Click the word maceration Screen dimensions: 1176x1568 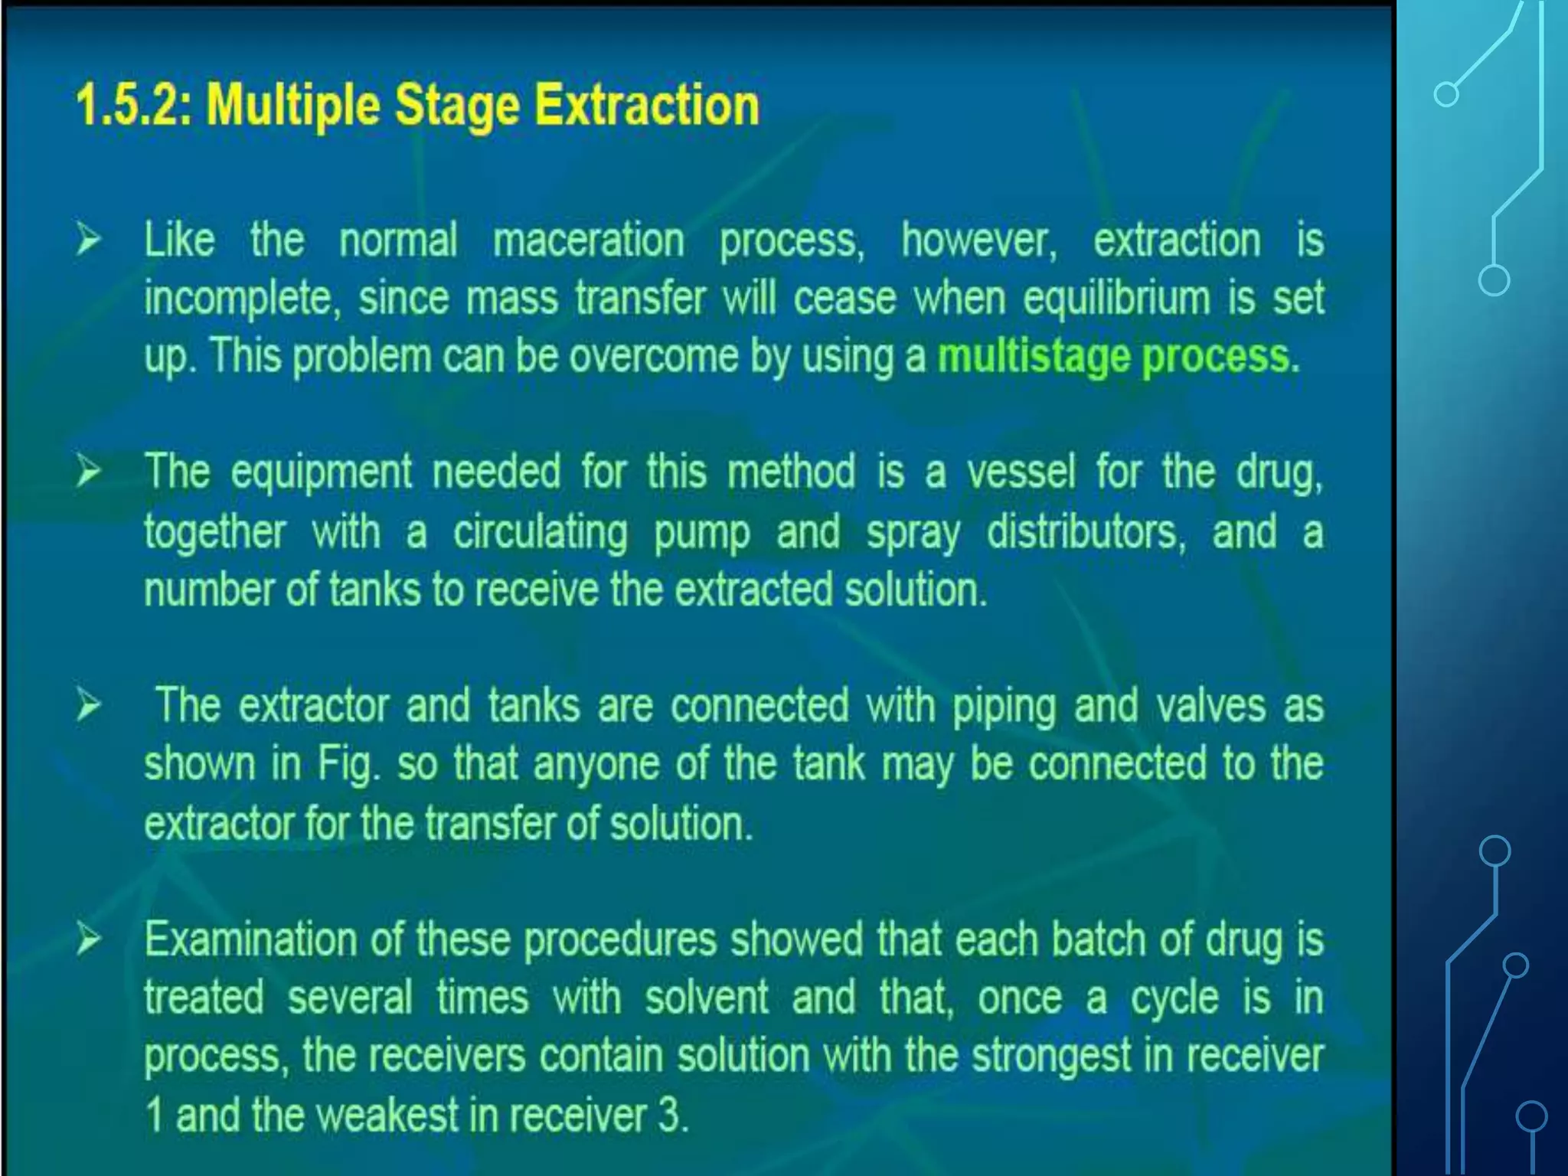point(588,240)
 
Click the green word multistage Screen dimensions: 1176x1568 point(1034,358)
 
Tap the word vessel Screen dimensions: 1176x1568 point(1021,472)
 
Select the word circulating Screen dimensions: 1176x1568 point(540,533)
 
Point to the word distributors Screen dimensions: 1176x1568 point(1086,531)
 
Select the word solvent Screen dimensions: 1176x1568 point(706,998)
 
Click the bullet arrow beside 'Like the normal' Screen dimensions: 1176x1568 point(89,240)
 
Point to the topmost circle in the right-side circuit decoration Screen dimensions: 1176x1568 point(1445,95)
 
